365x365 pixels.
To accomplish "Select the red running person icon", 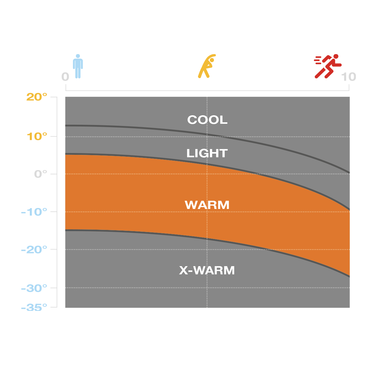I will tap(328, 66).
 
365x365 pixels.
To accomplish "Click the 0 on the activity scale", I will tap(65, 77).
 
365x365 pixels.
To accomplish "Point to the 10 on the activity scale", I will tap(349, 77).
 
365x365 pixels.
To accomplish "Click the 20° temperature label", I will tap(37, 97).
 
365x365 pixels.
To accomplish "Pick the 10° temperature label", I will tap(37, 137).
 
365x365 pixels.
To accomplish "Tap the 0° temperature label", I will tap(41, 174).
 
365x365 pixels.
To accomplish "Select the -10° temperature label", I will tap(34, 212).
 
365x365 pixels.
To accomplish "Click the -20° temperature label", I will tap(34, 250).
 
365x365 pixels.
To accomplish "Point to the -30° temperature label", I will tap(34, 288).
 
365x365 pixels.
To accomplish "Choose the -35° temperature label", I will tap(34, 308).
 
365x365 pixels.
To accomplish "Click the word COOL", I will tap(207, 120).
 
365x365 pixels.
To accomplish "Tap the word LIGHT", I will tap(207, 153).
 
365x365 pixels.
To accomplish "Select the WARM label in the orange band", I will tap(207, 205).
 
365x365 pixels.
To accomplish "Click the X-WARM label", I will tap(207, 270).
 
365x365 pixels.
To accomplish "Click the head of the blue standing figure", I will tap(78, 56).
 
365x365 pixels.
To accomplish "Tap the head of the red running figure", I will tap(336, 57).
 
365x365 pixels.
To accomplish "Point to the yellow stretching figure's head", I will tap(212, 60).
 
